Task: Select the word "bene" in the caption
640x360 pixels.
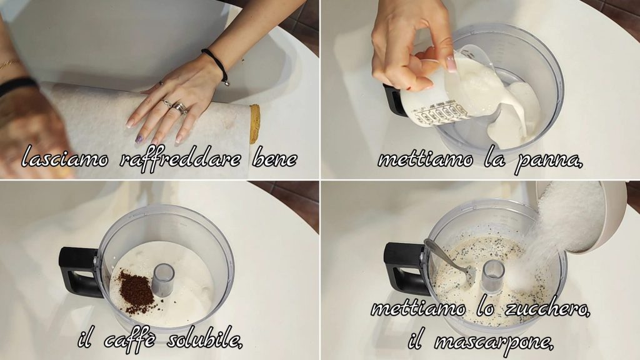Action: [x=275, y=158]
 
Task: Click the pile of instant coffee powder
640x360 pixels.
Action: [x=136, y=291]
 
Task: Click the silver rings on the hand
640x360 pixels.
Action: [x=176, y=107]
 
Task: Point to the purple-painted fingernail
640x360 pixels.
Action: [x=139, y=139]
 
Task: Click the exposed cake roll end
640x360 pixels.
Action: [x=255, y=124]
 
